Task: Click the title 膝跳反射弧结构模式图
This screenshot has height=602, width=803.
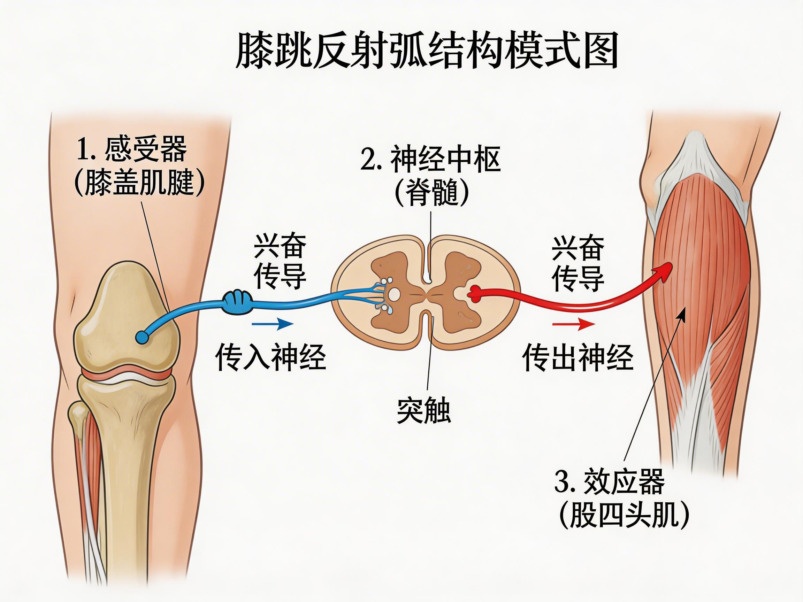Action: [427, 51]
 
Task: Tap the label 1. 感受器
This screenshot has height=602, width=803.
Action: [132, 149]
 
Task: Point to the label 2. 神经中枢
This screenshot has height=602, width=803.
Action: [430, 159]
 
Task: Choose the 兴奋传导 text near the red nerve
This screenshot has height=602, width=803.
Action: [578, 263]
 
